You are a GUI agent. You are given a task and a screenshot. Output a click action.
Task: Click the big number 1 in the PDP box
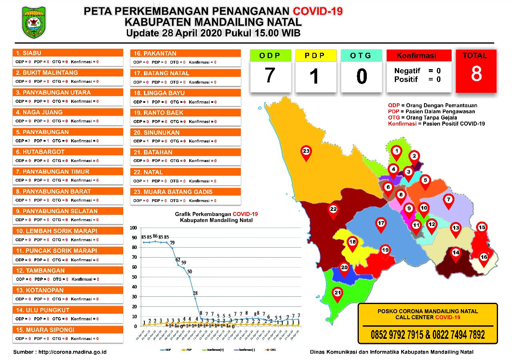[x=316, y=76]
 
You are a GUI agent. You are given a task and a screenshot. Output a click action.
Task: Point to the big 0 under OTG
[x=362, y=76]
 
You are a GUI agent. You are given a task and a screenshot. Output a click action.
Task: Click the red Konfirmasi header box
[x=419, y=56]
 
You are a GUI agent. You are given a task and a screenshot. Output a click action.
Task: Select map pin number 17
[x=381, y=224]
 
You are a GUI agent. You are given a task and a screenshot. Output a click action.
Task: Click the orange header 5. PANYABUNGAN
[x=68, y=132]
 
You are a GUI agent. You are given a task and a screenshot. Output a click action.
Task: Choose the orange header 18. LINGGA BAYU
[x=186, y=93]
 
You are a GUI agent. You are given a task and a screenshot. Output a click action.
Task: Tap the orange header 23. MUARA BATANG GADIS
[x=186, y=192]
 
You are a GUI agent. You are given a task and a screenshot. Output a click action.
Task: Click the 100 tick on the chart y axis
[x=133, y=228]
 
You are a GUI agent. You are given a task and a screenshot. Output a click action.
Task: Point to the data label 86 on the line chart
[x=155, y=236]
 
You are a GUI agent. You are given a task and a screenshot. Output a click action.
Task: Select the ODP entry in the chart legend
[x=166, y=350]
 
